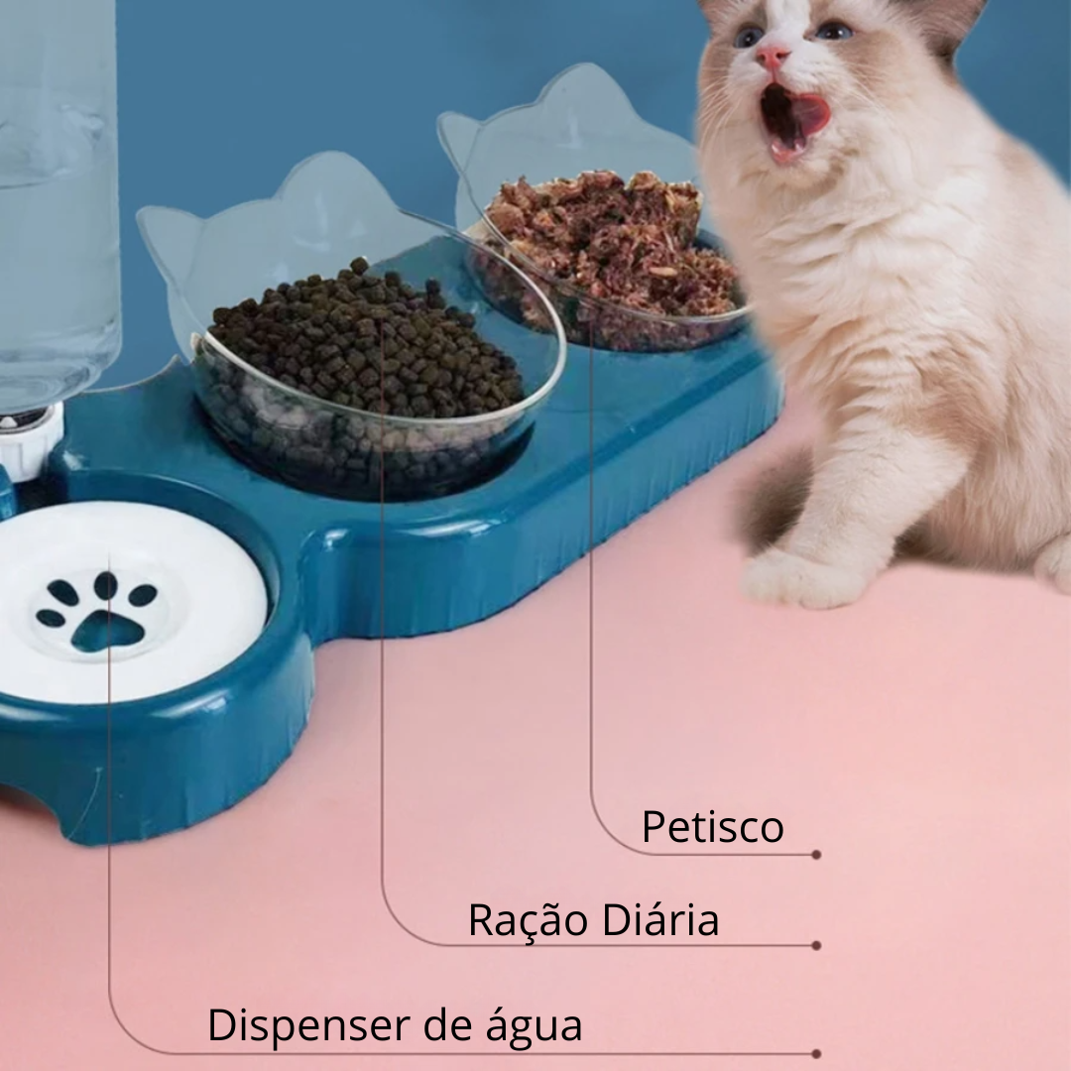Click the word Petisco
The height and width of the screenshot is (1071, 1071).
[712, 826]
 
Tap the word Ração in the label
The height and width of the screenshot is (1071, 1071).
[528, 920]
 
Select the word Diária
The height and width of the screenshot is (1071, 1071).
[660, 919]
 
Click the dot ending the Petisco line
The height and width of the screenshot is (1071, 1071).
[816, 855]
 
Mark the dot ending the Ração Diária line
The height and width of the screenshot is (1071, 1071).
[816, 946]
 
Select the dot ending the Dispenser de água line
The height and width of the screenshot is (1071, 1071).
[816, 1054]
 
